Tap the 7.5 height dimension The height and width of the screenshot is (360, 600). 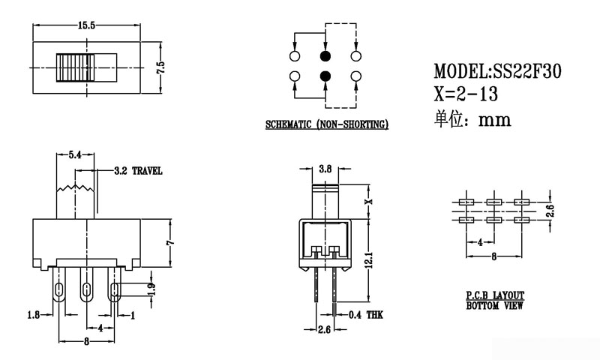point(160,68)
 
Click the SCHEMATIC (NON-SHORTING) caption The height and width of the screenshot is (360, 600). point(326,124)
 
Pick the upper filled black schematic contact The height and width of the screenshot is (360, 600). point(325,56)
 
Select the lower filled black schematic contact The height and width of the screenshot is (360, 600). point(325,76)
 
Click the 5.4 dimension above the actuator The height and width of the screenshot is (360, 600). point(75,156)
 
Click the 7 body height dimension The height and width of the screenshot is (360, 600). point(170,243)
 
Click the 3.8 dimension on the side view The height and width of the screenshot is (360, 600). point(325,169)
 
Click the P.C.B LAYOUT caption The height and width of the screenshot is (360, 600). point(495,296)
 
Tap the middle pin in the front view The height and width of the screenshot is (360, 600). point(87,288)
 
